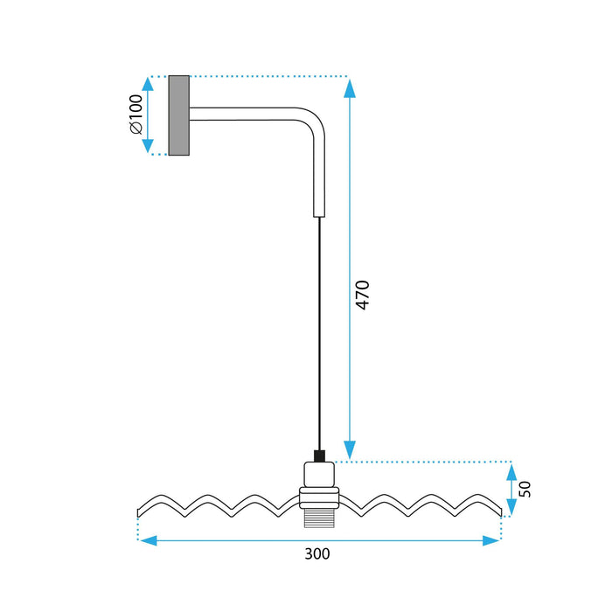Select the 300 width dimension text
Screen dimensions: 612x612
point(318,553)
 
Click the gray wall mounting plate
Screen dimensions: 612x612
point(179,115)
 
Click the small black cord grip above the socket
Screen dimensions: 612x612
point(319,456)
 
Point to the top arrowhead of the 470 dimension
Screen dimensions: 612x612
point(350,87)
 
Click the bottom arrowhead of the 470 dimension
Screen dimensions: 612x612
point(350,449)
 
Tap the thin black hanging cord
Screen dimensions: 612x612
point(319,332)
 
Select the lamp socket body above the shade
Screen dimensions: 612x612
point(319,476)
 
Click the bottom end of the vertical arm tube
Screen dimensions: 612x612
point(319,210)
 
